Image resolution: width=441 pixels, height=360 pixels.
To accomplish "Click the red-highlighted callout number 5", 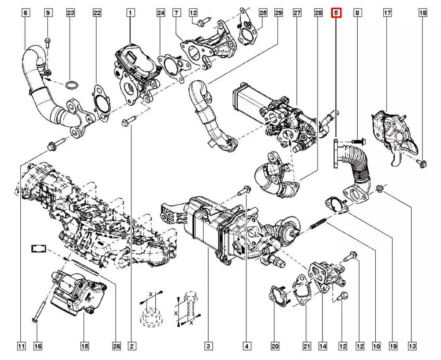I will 336,14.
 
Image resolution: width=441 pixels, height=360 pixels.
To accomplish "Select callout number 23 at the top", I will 71,14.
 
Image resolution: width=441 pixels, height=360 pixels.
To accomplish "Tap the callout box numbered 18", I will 422,14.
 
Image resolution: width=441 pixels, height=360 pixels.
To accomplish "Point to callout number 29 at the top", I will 278,14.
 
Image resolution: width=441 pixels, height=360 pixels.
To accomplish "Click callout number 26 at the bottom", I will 116,346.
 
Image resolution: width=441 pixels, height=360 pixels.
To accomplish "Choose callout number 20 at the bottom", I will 275,346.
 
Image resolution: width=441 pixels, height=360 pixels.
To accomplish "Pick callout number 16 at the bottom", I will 38,346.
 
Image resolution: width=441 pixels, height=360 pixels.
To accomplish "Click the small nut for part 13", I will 379,190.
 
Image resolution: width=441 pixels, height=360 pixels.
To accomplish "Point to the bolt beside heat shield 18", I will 421,164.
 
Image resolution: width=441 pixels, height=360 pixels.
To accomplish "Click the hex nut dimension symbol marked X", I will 150,311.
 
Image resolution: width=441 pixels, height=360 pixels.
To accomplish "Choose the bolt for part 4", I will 243,191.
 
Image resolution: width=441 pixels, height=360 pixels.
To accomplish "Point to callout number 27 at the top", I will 297,14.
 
